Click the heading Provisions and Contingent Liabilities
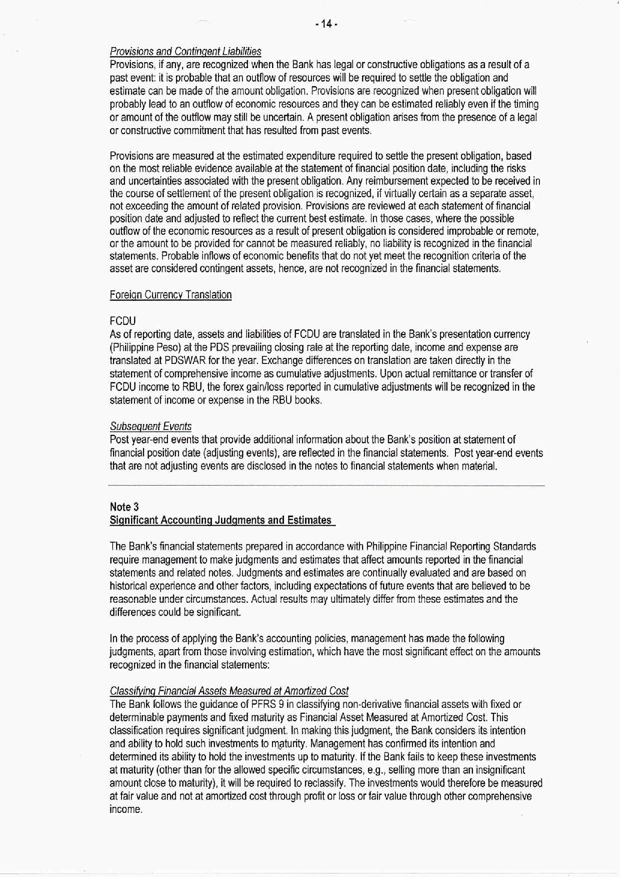pyautogui.click(x=185, y=52)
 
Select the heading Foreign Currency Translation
pyautogui.click(x=170, y=295)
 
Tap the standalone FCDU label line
pyautogui.click(x=122, y=321)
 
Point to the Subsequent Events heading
pyautogui.click(x=150, y=426)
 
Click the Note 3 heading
pyautogui.click(x=124, y=507)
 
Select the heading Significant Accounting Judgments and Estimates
pyautogui.click(x=220, y=520)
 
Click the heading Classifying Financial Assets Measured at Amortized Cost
pyautogui.click(x=229, y=691)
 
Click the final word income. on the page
pyautogui.click(x=125, y=809)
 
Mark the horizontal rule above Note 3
pyautogui.click(x=326, y=486)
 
